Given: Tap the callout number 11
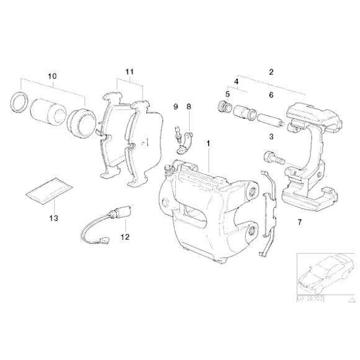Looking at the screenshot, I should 129,72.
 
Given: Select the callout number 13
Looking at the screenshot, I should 53,218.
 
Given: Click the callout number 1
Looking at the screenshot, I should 209,143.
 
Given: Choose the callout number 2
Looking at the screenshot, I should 271,72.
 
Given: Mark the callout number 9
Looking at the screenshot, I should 176,107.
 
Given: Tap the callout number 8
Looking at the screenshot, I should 189,107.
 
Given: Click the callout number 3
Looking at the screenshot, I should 271,135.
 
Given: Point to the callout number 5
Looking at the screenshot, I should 227,94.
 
